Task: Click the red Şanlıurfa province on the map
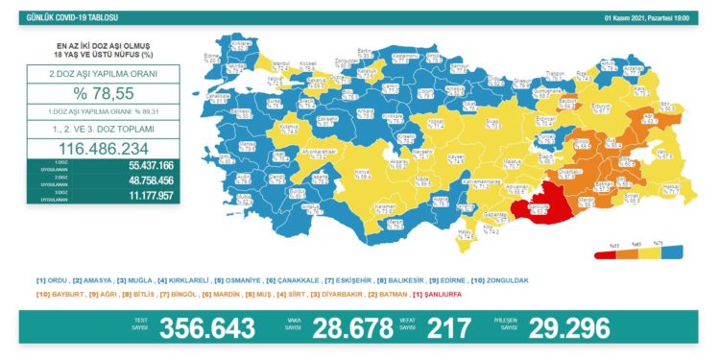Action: coord(534,213)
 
